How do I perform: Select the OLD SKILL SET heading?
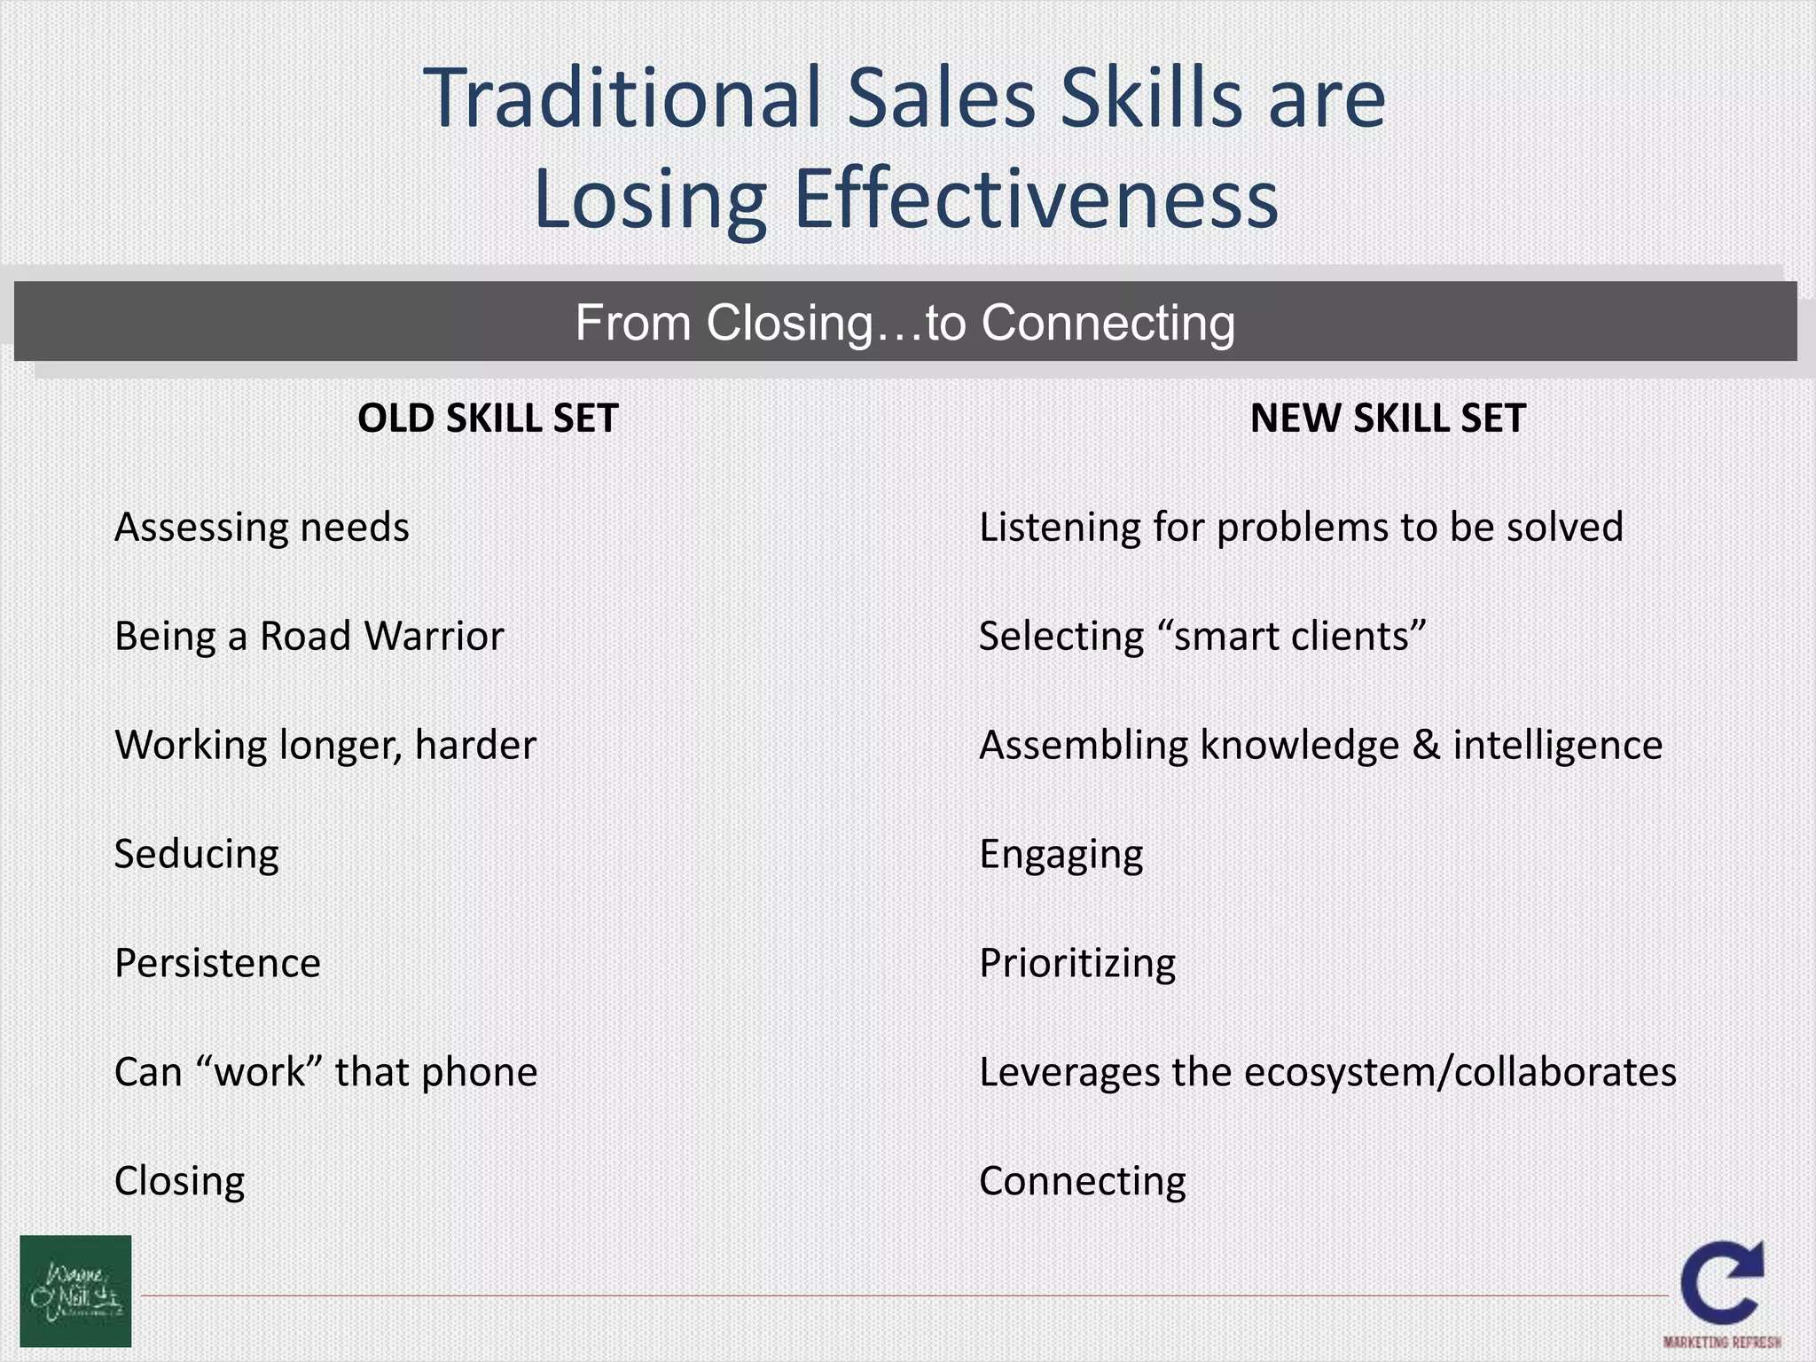point(488,419)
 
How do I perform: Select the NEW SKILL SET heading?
point(1388,419)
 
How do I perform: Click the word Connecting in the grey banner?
point(1108,323)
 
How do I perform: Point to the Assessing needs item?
point(262,528)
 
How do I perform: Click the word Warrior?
point(434,636)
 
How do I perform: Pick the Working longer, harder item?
point(325,745)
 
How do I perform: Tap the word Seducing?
point(197,855)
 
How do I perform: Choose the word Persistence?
point(217,963)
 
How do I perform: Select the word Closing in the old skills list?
point(180,1181)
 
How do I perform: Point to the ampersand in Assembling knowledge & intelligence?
point(1425,745)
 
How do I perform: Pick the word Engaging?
point(1061,855)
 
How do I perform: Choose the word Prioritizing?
point(1077,963)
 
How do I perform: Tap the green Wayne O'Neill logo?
point(75,1291)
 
